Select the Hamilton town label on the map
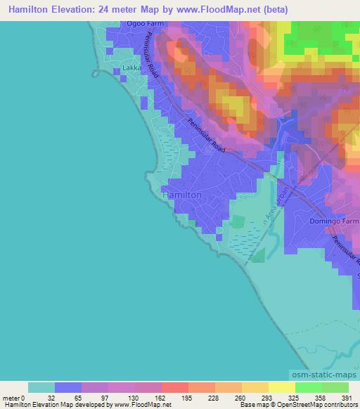coord(183,194)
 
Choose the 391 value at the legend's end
coord(345,397)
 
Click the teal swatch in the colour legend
coord(41,387)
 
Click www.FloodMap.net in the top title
coord(210,9)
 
